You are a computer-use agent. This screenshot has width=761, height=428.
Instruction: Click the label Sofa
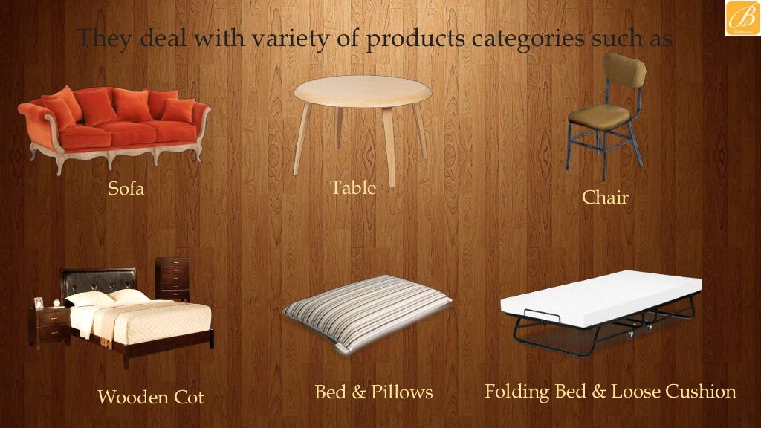tap(126, 189)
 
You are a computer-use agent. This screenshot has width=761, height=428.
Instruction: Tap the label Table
tap(353, 187)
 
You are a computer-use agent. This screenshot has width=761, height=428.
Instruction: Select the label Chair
tap(605, 197)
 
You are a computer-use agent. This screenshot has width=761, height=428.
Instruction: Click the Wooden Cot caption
tap(150, 398)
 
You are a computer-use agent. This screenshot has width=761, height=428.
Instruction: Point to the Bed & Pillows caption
tap(373, 392)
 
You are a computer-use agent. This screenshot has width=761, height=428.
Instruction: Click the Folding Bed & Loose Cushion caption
tap(609, 391)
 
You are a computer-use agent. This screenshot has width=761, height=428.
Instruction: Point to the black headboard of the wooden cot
tap(98, 280)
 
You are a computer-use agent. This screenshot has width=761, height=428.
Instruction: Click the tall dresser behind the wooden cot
tap(172, 279)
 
